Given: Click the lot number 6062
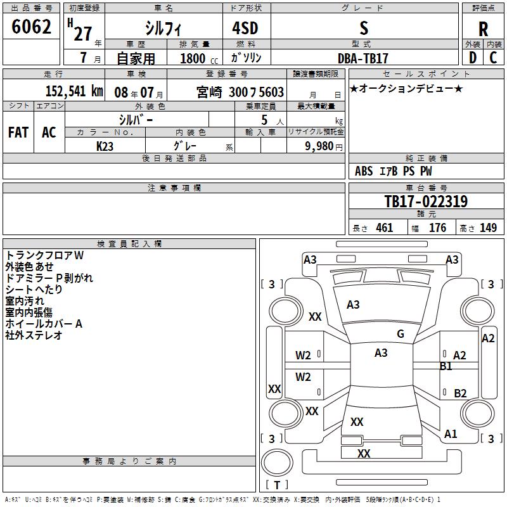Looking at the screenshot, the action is pyautogui.click(x=31, y=27).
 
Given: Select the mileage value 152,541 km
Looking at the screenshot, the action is pyautogui.click(x=74, y=91).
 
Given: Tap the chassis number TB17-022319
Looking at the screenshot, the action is pyautogui.click(x=426, y=201).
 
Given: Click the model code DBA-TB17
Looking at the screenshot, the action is pyautogui.click(x=363, y=58).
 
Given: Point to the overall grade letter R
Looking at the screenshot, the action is pyautogui.click(x=483, y=29).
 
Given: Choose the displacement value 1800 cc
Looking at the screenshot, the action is pyautogui.click(x=199, y=58).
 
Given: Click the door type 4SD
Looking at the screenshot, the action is pyautogui.click(x=245, y=28).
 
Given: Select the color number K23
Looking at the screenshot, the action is pyautogui.click(x=105, y=146).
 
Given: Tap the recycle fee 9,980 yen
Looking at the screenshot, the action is pyautogui.click(x=324, y=146).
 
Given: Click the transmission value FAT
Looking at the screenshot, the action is pyautogui.click(x=18, y=132).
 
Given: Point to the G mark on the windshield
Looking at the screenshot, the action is pyautogui.click(x=401, y=334).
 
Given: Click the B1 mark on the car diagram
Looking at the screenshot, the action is pyautogui.click(x=446, y=366).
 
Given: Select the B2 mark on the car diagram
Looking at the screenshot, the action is pyautogui.click(x=460, y=393).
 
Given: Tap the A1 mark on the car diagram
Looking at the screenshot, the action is pyautogui.click(x=451, y=434).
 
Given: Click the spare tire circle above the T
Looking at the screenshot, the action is pyautogui.click(x=277, y=463).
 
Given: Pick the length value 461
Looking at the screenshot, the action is pyautogui.click(x=384, y=228).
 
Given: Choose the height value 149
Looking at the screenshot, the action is pyautogui.click(x=488, y=228).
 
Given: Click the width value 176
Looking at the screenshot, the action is pyautogui.click(x=437, y=228).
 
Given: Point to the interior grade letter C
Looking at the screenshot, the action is pyautogui.click(x=493, y=58).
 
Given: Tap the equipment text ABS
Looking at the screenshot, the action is pyautogui.click(x=364, y=171).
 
